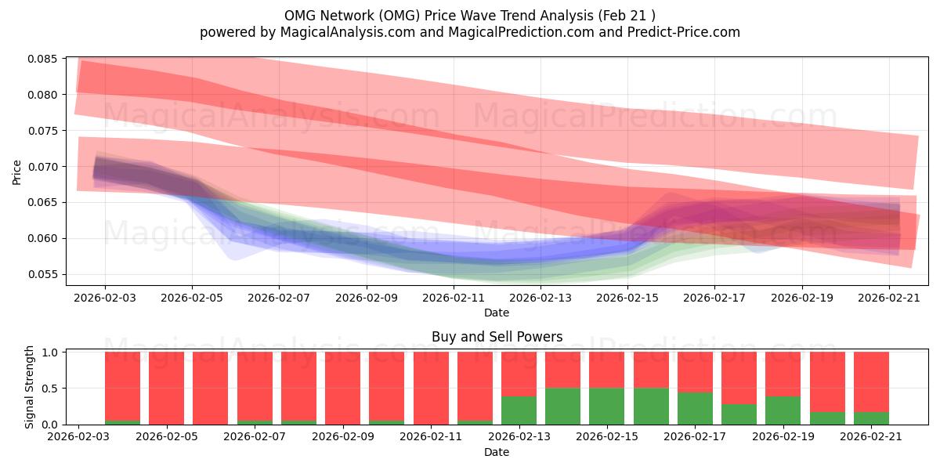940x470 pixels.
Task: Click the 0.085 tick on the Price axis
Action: point(42,59)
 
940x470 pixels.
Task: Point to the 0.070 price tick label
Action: point(42,167)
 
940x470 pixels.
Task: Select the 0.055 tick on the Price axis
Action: point(42,274)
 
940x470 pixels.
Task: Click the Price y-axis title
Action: point(16,172)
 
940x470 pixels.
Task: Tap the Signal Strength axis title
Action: point(29,387)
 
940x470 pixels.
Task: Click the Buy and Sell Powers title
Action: point(497,337)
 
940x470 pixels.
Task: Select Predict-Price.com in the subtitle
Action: point(684,32)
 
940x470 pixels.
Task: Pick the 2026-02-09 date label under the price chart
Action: point(367,298)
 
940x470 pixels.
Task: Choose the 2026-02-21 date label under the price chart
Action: point(889,298)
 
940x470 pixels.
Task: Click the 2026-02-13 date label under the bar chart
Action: point(519,436)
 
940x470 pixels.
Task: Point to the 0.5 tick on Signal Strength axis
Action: point(49,389)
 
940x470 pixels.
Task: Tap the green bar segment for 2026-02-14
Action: point(562,407)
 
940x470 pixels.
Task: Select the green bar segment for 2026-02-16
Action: point(651,407)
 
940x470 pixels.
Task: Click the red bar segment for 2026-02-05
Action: point(166,389)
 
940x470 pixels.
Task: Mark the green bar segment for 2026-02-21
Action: point(871,418)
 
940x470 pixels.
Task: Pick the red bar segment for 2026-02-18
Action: point(739,378)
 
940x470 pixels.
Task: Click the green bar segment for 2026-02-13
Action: point(519,410)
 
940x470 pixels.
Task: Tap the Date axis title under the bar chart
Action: point(497,453)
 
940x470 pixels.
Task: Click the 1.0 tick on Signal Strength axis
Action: point(49,352)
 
